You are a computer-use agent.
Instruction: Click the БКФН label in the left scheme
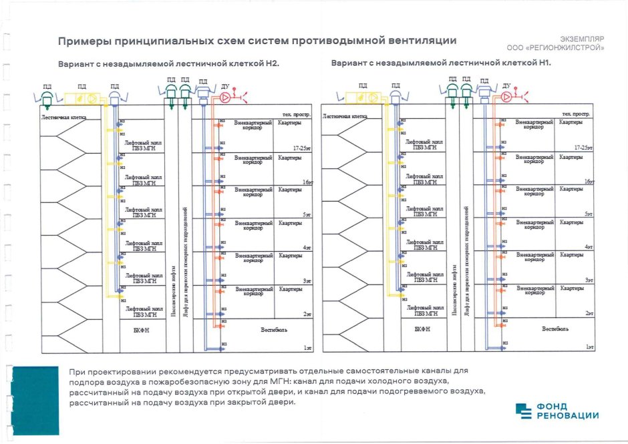[x=141, y=329]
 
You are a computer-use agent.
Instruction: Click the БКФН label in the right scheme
[x=422, y=329]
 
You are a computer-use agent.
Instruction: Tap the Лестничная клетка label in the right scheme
[x=345, y=116]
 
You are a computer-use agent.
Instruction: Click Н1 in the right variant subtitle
[x=544, y=63]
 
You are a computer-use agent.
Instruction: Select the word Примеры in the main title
[x=84, y=41]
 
